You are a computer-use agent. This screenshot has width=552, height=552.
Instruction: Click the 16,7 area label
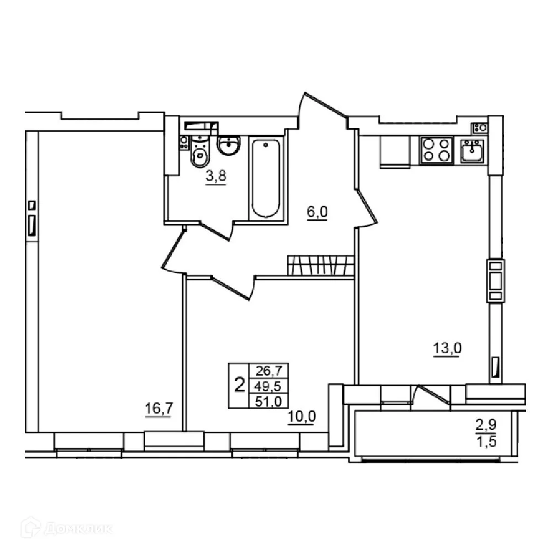(156, 408)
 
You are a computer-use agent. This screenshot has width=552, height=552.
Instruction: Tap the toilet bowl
(199, 153)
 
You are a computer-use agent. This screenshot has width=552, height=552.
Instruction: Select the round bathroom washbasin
(229, 145)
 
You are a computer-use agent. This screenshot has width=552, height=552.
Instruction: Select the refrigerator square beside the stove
(395, 150)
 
